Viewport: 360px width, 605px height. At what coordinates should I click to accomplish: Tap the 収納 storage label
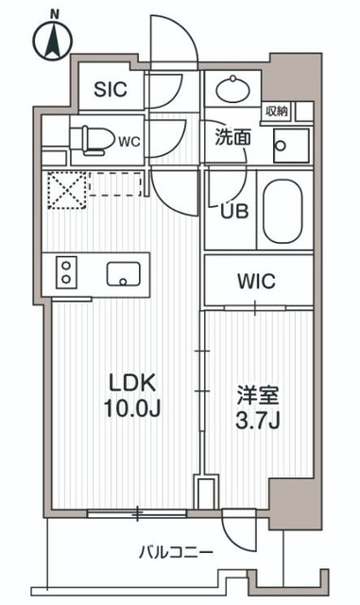(277, 111)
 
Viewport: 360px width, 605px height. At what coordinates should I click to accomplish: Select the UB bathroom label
(234, 211)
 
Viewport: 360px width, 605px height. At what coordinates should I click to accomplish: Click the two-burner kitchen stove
(67, 272)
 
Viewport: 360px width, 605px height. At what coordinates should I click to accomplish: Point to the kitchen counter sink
(122, 274)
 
